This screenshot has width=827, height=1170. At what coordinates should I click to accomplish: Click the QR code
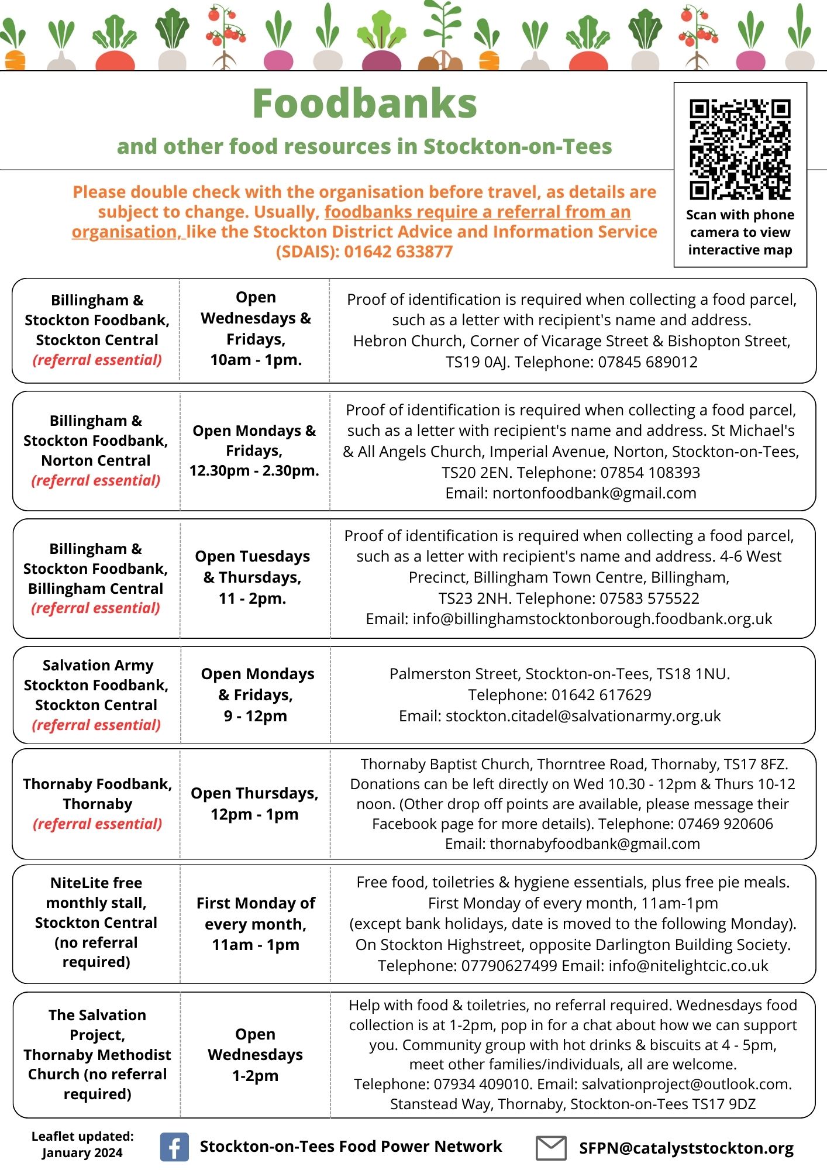tap(740, 150)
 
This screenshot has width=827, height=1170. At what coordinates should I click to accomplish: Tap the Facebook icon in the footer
tap(174, 1147)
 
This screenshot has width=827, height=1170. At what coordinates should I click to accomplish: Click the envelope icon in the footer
tap(551, 1148)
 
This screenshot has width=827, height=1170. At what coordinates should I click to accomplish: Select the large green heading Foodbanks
tap(364, 104)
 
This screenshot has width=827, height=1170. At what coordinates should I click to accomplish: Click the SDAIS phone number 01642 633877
tap(398, 252)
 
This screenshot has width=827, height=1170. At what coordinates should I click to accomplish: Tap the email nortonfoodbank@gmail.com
tap(594, 493)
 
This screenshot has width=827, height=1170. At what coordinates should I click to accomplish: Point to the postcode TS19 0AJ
tap(477, 362)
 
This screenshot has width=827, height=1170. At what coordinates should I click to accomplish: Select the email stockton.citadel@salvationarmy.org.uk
tap(583, 715)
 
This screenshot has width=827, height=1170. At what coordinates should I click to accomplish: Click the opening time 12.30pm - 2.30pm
tap(254, 470)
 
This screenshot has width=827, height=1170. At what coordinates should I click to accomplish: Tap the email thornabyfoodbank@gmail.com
tap(595, 844)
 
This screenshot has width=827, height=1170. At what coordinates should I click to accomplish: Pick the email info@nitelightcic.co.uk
tap(688, 965)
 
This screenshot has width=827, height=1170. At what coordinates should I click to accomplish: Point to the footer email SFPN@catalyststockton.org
tap(686, 1148)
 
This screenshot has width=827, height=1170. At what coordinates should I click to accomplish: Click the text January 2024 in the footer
tap(82, 1153)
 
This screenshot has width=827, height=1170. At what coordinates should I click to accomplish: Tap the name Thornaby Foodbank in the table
tap(97, 784)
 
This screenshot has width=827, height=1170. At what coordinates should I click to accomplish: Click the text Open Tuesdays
tap(253, 556)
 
